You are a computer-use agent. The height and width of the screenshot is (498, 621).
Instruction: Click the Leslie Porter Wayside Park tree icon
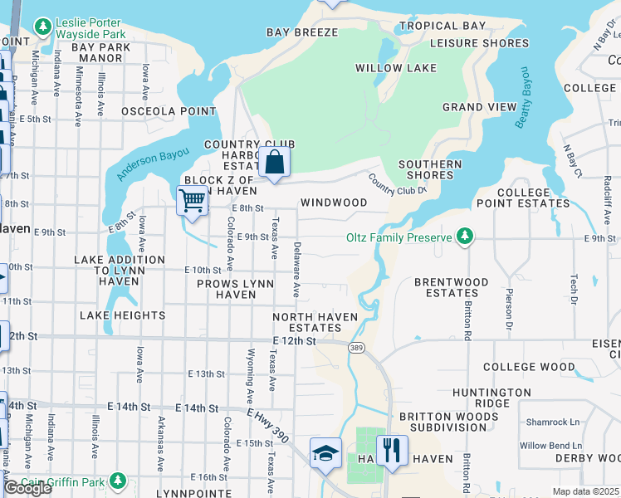[42, 27]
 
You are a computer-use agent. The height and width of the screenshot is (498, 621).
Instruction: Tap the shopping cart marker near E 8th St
[192, 199]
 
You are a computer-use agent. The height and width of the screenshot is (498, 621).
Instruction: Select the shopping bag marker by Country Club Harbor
[274, 162]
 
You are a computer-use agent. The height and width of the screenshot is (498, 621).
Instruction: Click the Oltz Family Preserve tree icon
[465, 238]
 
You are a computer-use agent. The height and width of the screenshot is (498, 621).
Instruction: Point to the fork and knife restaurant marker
[392, 451]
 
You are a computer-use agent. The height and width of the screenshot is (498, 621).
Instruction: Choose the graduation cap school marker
[325, 452]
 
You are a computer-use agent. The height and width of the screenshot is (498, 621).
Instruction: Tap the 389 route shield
[356, 347]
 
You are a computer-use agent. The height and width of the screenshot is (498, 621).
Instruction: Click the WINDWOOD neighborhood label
[334, 203]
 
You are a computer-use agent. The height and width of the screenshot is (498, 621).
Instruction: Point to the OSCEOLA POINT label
[169, 111]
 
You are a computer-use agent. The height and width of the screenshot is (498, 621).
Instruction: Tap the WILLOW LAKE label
[390, 67]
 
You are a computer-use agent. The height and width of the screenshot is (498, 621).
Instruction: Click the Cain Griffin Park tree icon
[119, 480]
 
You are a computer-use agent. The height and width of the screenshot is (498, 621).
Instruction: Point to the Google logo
[27, 487]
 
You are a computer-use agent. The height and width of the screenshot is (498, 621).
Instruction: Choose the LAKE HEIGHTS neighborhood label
[122, 315]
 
